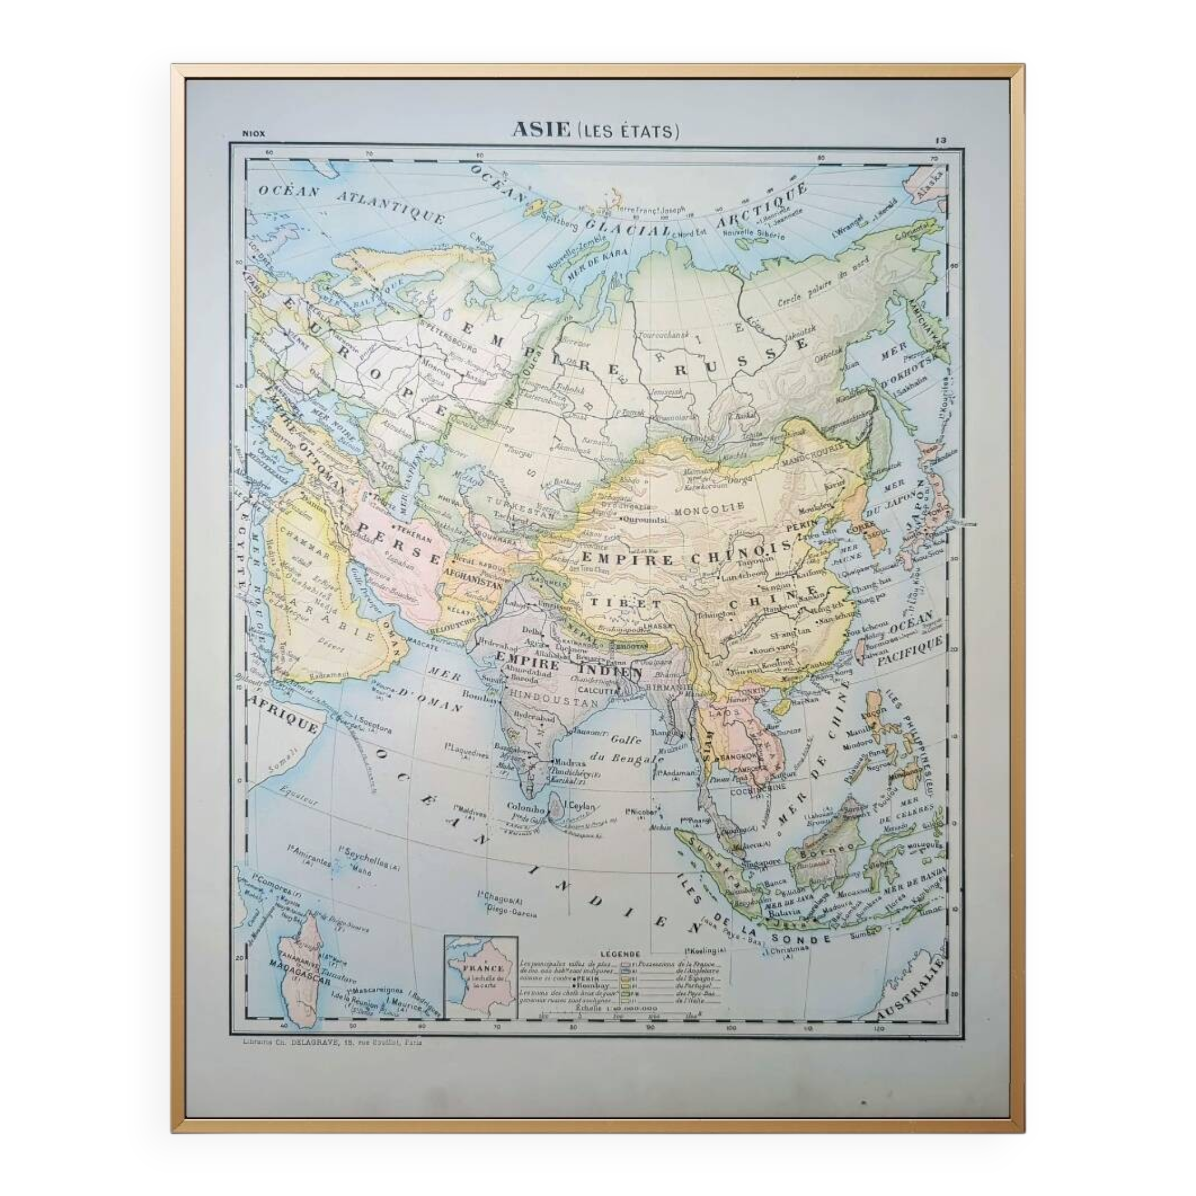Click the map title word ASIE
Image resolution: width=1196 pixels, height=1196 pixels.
pyautogui.click(x=541, y=129)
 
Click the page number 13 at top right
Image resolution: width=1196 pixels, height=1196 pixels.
pyautogui.click(x=940, y=141)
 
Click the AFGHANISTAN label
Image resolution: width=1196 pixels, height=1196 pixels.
pyautogui.click(x=472, y=582)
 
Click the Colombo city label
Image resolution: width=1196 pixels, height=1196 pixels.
pyautogui.click(x=526, y=808)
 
